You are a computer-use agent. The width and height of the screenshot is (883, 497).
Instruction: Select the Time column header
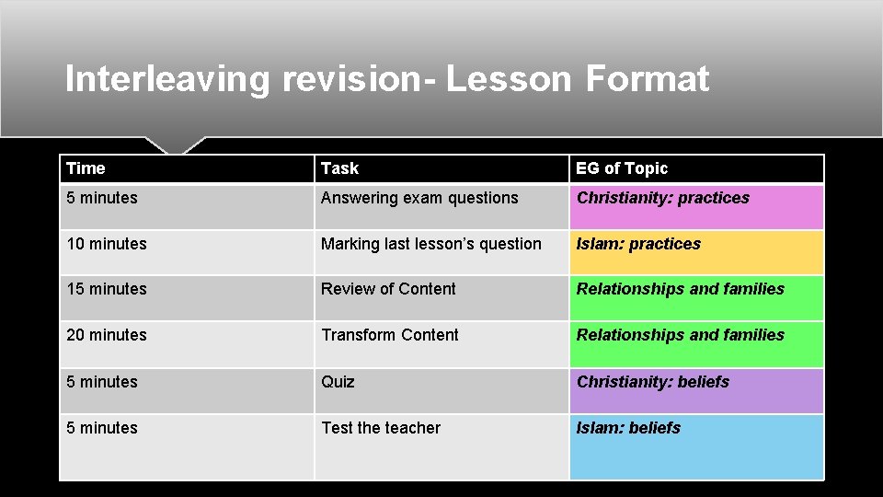[86, 168]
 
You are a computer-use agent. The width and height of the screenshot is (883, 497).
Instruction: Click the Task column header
[339, 168]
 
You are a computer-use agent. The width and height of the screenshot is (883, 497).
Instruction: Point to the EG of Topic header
[622, 168]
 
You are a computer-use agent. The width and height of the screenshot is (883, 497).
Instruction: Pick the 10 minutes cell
[107, 244]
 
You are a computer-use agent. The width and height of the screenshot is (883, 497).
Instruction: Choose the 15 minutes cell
[107, 289]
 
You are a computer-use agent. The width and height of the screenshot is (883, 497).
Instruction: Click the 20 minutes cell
[107, 335]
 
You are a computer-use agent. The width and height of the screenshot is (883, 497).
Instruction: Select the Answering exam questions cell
[419, 198]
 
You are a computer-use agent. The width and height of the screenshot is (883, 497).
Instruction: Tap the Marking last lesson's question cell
[430, 244]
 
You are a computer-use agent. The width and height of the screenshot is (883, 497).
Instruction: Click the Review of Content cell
[388, 289]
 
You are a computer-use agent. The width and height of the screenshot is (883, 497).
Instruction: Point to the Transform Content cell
[389, 335]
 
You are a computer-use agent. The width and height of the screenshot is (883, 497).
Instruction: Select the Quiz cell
[338, 382]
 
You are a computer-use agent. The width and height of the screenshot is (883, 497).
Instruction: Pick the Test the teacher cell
[381, 428]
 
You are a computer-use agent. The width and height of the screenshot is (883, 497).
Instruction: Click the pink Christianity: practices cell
[663, 198]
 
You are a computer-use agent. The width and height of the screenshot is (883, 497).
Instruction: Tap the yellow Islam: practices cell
[638, 244]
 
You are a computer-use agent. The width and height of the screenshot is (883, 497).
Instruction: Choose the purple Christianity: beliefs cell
[653, 382]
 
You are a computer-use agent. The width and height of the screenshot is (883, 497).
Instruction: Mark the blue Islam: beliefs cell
[628, 428]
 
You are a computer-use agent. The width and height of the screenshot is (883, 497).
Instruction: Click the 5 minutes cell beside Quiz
[102, 382]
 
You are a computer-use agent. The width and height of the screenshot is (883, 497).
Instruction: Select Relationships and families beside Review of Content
[681, 289]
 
